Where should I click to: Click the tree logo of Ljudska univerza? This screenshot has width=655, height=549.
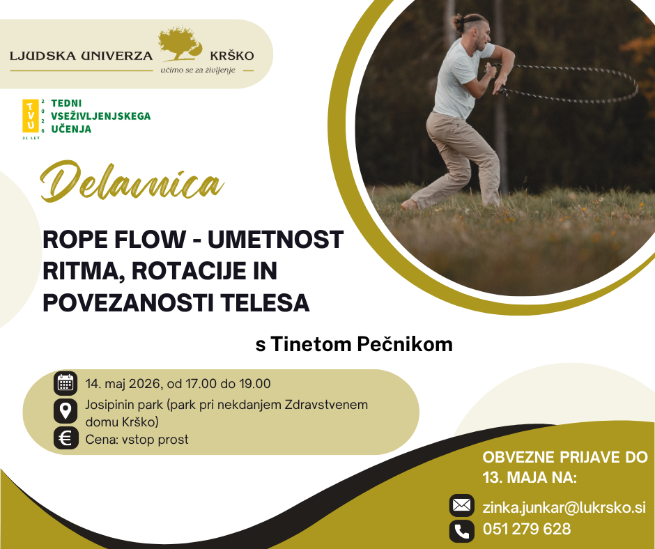[x=179, y=45]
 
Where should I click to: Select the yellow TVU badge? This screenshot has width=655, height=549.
[x=31, y=116]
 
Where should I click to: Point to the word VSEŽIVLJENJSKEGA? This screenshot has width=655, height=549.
[x=100, y=116]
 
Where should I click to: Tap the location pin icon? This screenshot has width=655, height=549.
[x=65, y=411]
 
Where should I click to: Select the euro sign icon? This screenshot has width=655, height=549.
[x=65, y=439]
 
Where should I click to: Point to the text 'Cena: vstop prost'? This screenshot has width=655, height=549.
[x=137, y=440]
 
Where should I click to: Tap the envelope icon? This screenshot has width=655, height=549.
[x=461, y=506]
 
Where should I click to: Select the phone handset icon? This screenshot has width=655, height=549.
[x=461, y=531]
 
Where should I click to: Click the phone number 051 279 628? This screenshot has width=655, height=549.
[x=527, y=529]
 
